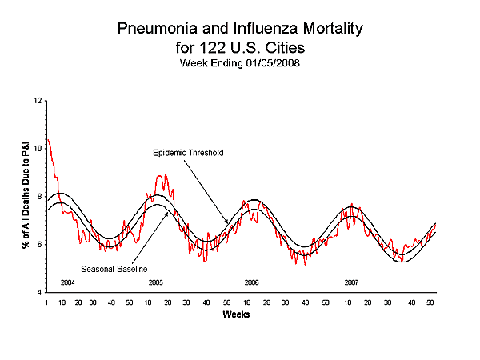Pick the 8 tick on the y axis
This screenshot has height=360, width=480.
pos(38,197)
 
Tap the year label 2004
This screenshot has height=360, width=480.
pos(68,283)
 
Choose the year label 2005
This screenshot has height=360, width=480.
pos(155,283)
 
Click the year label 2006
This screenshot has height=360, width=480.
pos(251,283)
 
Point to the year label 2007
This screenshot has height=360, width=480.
pos(351,283)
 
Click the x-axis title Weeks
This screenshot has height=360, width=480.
pos(238,314)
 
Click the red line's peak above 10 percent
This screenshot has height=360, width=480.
pos(49,140)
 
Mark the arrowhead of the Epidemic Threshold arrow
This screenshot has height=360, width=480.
pos(228,224)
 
